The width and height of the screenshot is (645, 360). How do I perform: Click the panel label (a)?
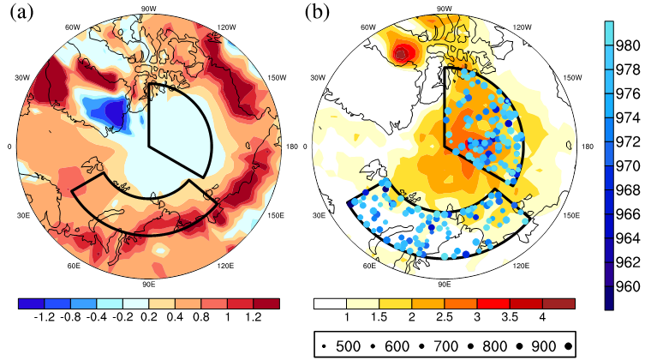click(21, 12)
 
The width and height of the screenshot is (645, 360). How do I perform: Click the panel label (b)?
click(317, 12)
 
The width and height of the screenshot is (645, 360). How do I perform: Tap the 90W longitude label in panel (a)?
click(148, 9)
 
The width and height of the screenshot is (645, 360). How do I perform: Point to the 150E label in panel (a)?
click(276, 216)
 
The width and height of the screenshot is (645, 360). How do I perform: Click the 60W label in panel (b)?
click(368, 27)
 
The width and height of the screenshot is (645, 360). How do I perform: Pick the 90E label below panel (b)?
click(445, 285)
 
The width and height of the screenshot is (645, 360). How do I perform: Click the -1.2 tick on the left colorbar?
click(44, 317)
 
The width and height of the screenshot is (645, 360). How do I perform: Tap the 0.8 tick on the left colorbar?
click(200, 317)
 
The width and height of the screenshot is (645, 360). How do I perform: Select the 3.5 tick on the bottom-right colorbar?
click(510, 317)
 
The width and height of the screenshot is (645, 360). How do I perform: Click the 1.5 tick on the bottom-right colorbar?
click(379, 317)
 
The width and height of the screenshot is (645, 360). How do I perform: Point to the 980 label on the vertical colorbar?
click(628, 45)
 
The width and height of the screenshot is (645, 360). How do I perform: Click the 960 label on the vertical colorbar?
click(628, 286)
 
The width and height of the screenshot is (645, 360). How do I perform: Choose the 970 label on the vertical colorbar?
click(628, 165)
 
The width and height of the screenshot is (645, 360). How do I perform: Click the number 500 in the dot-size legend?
click(348, 346)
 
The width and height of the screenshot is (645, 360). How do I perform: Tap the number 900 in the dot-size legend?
click(543, 346)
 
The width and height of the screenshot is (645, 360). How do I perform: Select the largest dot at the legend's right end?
click(568, 347)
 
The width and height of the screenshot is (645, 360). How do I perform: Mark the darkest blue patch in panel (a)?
click(114, 113)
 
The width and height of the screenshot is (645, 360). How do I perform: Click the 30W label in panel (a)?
click(22, 78)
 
